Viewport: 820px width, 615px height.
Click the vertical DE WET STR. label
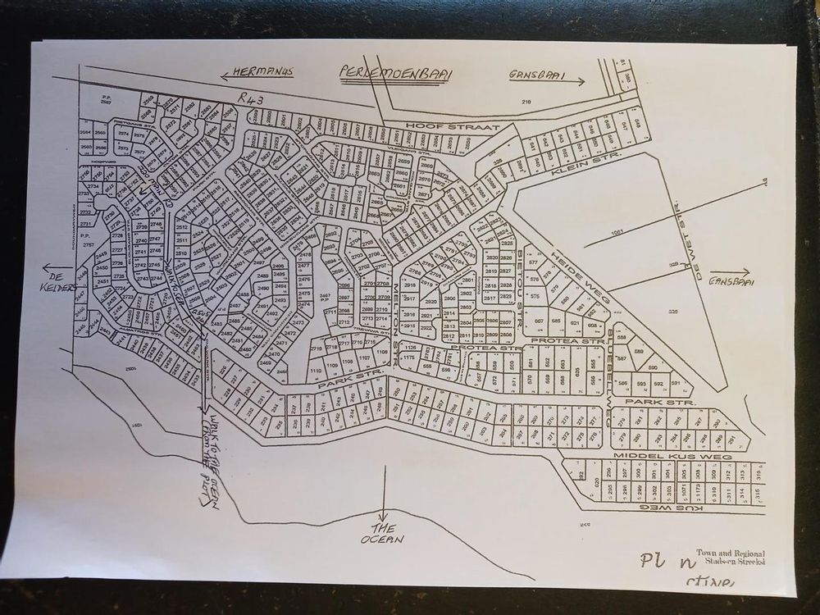(678, 241)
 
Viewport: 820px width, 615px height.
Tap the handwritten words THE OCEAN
(385, 533)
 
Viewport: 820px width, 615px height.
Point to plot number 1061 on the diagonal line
(617, 233)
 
